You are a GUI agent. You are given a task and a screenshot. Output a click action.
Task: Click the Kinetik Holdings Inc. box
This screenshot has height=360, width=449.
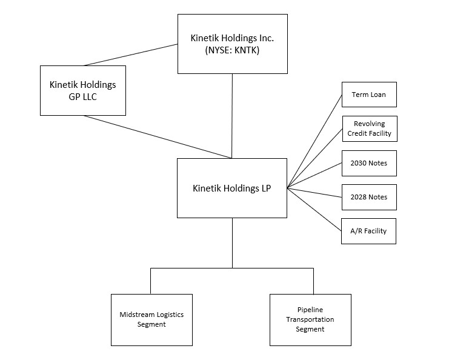[x=232, y=44]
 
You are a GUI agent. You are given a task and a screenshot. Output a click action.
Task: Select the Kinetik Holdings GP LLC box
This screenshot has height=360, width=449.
[x=82, y=90]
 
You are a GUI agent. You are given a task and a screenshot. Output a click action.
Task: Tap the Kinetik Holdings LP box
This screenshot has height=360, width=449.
[x=231, y=188]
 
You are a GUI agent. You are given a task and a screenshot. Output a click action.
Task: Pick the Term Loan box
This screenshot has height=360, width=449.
[x=368, y=95]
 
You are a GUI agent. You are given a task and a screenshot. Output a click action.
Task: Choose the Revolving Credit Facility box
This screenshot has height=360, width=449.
[x=369, y=128]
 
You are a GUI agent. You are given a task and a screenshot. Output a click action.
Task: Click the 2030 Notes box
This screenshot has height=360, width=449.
[x=368, y=163]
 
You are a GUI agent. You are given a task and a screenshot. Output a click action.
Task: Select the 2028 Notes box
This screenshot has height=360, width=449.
[x=368, y=197]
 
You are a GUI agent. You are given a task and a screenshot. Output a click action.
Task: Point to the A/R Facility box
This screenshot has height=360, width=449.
[x=368, y=231]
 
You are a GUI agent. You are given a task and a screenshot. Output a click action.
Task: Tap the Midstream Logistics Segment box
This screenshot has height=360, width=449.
[x=151, y=319]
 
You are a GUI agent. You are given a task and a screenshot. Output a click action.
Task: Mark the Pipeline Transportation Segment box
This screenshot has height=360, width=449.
[x=310, y=319]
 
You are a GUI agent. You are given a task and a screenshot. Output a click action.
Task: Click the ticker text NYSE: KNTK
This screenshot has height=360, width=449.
[x=233, y=51]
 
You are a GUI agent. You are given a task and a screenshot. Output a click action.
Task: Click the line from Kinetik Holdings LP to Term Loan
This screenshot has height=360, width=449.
[x=315, y=141]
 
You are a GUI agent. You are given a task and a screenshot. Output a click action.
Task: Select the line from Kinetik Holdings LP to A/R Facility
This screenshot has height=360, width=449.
[x=315, y=210]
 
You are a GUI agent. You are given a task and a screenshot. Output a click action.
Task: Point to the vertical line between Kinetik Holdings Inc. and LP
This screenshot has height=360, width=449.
[x=232, y=115]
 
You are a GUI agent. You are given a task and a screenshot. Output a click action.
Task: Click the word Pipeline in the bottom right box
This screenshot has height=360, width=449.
[x=311, y=310]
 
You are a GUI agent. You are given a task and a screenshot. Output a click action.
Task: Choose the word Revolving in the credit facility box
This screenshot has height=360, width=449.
[x=369, y=124]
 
